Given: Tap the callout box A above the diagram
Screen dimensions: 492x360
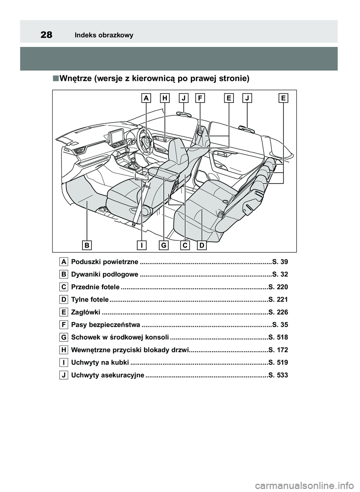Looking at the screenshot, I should (146, 98).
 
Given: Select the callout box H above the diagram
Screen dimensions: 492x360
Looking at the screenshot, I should (165, 98).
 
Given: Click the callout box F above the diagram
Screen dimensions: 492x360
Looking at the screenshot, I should (200, 98).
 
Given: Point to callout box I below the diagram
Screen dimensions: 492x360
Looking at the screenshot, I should (142, 245).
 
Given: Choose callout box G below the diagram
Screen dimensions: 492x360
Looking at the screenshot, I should (164, 245).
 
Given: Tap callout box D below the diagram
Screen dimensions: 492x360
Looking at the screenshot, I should (202, 245).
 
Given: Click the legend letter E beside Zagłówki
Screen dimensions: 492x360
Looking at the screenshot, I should (63, 312).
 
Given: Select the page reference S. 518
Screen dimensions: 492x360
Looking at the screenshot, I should (278, 337).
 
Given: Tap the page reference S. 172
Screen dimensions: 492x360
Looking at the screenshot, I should (278, 350).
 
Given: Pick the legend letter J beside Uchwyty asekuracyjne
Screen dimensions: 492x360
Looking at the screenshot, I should (63, 375).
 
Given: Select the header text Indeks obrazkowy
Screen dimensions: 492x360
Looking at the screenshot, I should (104, 36).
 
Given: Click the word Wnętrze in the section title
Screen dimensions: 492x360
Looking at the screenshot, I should (75, 79).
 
